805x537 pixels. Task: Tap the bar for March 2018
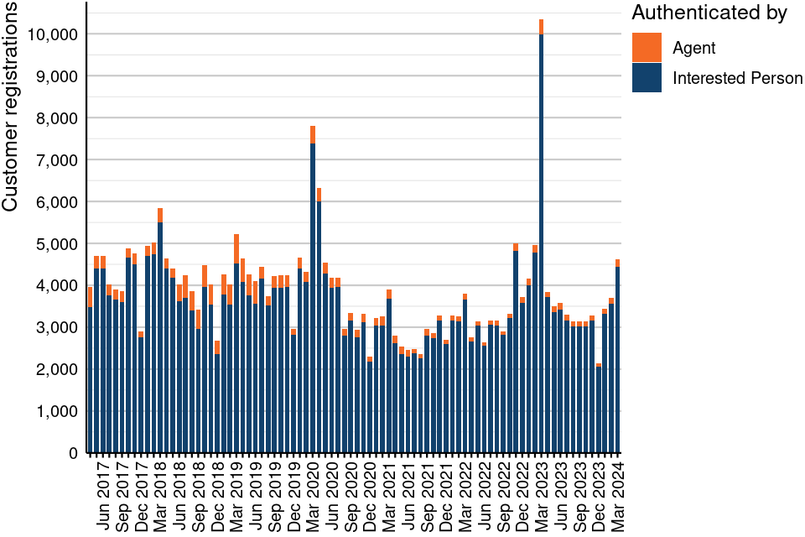pos(160,336)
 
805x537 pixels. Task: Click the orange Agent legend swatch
pos(647,48)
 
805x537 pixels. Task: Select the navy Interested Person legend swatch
pos(647,78)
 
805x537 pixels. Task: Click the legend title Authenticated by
pos(709,13)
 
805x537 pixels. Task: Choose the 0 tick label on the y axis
pos(74,453)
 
